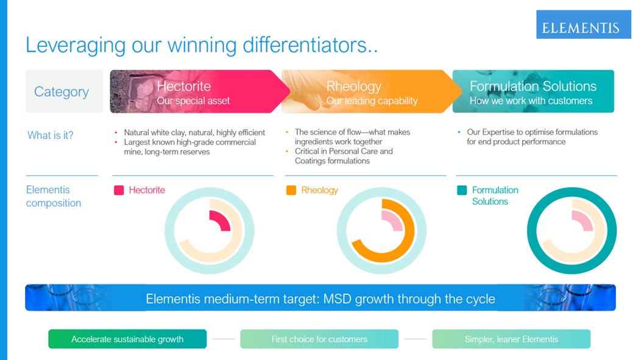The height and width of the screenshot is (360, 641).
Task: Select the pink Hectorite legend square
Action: (119, 190)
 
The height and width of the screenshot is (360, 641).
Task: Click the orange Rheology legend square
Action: (291, 190)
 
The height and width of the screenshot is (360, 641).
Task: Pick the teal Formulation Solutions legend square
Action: (462, 190)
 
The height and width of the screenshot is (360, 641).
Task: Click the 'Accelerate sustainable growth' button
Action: (127, 339)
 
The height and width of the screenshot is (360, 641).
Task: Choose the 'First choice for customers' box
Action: (319, 339)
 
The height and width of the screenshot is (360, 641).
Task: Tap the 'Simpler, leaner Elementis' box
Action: (511, 339)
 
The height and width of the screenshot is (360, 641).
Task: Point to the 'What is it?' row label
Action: (51, 135)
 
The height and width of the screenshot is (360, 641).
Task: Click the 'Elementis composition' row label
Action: (54, 196)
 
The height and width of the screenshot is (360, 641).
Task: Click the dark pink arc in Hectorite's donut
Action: (222, 219)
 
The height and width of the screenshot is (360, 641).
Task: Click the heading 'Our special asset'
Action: (193, 101)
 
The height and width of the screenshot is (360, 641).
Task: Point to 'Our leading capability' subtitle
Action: (372, 101)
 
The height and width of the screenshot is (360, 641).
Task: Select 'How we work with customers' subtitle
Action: (531, 101)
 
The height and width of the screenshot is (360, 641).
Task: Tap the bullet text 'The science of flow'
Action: (330, 132)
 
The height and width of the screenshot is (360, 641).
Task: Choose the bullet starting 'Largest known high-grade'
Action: (189, 142)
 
